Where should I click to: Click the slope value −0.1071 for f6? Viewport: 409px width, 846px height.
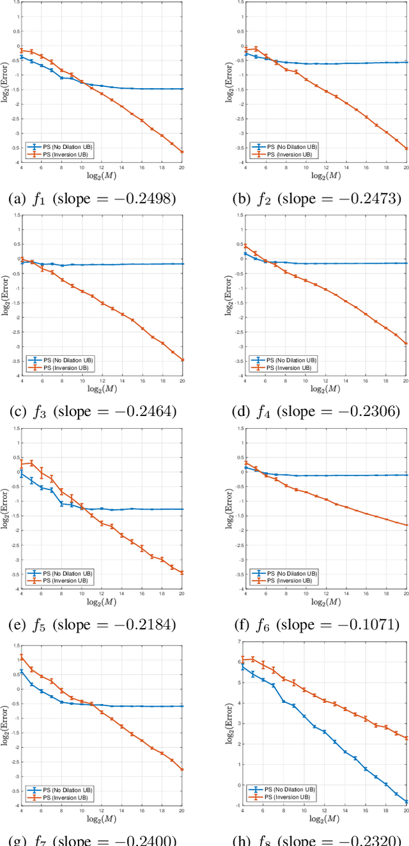click(x=366, y=624)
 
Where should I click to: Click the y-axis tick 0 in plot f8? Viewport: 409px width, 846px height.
click(x=238, y=785)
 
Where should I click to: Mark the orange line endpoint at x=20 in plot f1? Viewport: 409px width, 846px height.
click(x=182, y=151)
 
